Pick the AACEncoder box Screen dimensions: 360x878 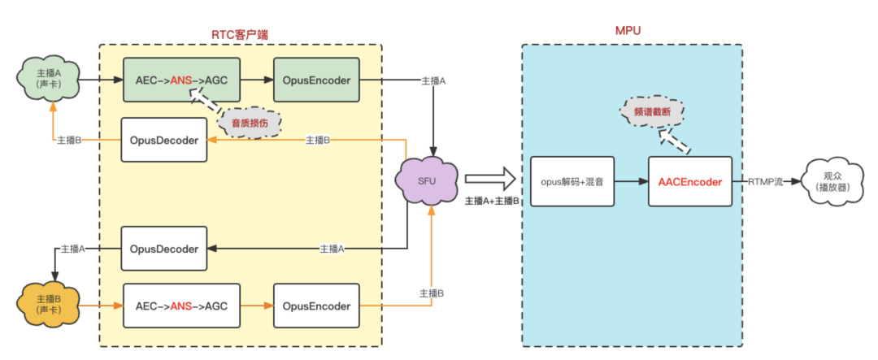click(x=690, y=182)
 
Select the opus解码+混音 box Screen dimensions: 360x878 click(x=572, y=182)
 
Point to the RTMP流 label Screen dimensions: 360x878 click(x=765, y=182)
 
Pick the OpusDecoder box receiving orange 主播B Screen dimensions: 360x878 click(x=164, y=140)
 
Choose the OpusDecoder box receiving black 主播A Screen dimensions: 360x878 click(x=164, y=249)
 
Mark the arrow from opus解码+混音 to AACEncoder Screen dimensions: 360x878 click(x=632, y=182)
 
